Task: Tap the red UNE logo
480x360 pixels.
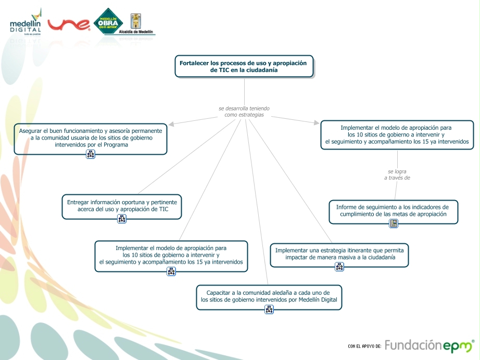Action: (x=69, y=24)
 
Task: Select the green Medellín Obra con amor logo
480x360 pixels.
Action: (x=108, y=22)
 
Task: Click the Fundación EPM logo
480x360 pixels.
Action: (x=430, y=345)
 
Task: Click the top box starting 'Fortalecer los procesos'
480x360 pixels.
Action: (x=244, y=66)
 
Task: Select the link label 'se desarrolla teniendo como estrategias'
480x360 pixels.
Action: (x=244, y=111)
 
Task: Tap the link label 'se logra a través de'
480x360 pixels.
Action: (x=397, y=175)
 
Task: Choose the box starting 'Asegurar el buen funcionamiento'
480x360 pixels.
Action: (x=91, y=138)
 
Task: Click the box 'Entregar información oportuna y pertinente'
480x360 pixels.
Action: (x=122, y=205)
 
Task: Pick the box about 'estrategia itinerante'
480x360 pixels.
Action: (x=339, y=254)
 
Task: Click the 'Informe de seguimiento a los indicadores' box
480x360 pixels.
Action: (x=394, y=210)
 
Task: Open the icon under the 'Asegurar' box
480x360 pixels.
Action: (x=91, y=154)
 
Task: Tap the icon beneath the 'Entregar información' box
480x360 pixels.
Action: (x=122, y=219)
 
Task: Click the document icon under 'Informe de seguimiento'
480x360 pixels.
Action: (x=394, y=224)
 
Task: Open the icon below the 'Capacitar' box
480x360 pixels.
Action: (x=269, y=309)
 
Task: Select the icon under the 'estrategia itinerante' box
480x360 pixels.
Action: (x=339, y=267)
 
